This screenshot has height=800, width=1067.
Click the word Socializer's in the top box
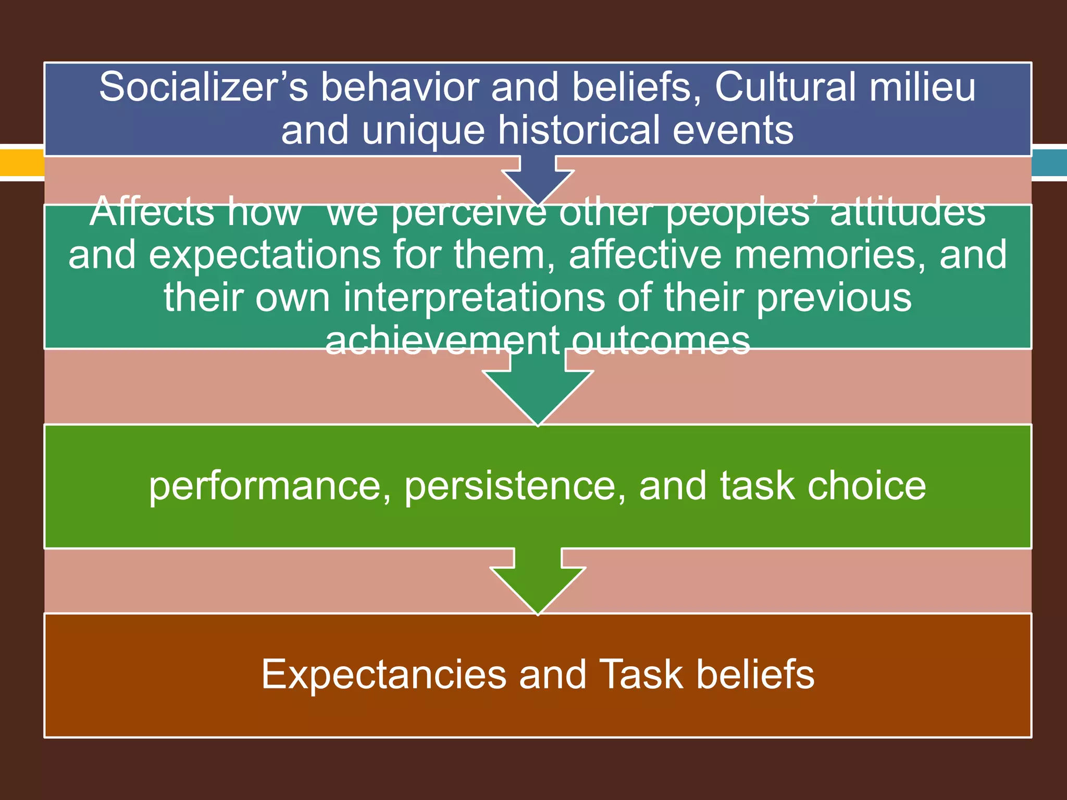click(204, 87)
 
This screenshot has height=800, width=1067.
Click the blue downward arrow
click(538, 180)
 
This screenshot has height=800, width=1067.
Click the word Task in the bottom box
click(641, 674)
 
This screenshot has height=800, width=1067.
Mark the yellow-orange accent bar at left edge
click(21, 162)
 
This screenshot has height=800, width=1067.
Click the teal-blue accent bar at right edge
click(1049, 162)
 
